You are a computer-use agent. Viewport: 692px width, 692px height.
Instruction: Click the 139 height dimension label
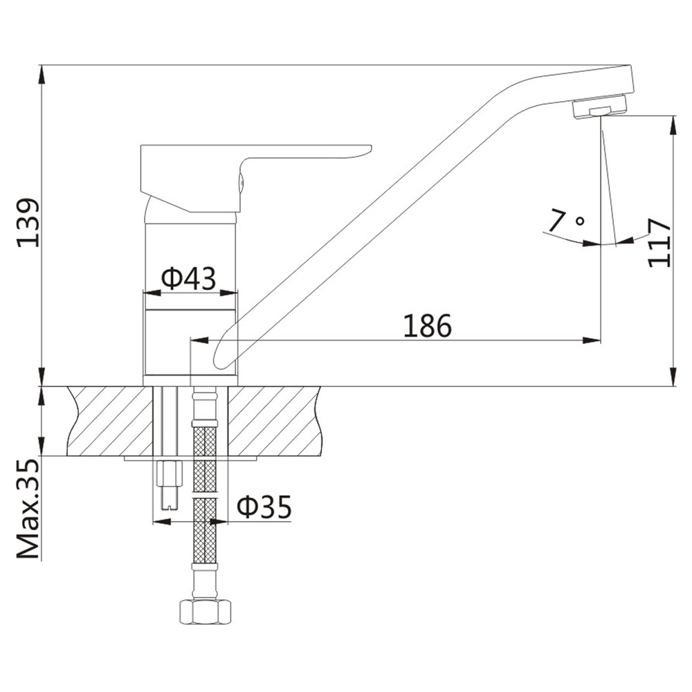click(x=28, y=223)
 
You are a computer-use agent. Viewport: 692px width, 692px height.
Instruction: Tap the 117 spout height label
click(x=659, y=243)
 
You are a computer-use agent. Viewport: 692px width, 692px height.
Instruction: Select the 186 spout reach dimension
click(x=428, y=326)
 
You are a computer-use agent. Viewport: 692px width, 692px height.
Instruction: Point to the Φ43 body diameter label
click(x=188, y=278)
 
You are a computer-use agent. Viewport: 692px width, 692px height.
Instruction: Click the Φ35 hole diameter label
click(x=264, y=507)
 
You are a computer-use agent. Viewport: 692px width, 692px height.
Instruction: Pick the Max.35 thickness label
click(x=28, y=509)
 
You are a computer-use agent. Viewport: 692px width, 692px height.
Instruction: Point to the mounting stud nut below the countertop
click(x=170, y=484)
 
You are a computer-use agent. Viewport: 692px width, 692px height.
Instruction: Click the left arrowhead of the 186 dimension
click(x=199, y=340)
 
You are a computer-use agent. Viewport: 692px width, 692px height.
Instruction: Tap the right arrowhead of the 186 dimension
click(x=592, y=340)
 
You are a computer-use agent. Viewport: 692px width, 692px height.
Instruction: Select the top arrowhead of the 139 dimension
click(x=42, y=74)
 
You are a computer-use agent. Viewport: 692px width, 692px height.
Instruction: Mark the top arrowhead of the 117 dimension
click(x=673, y=125)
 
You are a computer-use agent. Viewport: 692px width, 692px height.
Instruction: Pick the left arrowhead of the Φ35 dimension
click(x=161, y=522)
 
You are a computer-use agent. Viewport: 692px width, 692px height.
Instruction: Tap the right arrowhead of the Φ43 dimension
click(x=228, y=293)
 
